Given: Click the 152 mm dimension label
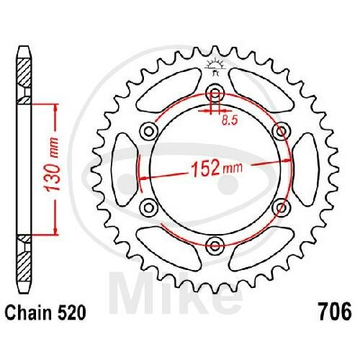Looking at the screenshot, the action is pos(217,167).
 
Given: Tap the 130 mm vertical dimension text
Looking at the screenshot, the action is pos(53,164).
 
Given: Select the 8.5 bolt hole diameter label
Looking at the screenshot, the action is pos(230,120).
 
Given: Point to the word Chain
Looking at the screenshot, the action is pos(28,312).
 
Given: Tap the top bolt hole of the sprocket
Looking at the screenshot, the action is pos(215,92).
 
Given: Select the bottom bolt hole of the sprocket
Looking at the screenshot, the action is pos(215,246).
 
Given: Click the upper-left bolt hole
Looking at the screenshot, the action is pos(149,131).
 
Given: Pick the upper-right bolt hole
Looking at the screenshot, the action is pos(282,131).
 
